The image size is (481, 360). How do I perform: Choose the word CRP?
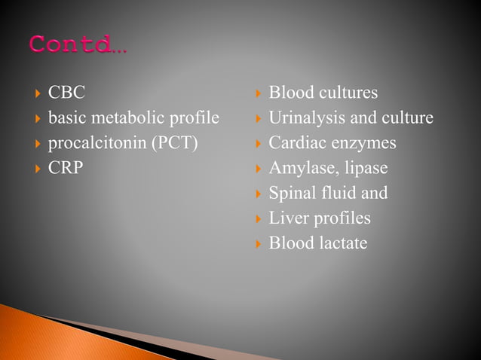[x=66, y=168]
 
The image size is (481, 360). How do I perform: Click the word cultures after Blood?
[x=346, y=93]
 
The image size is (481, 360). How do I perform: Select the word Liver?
[x=286, y=218]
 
